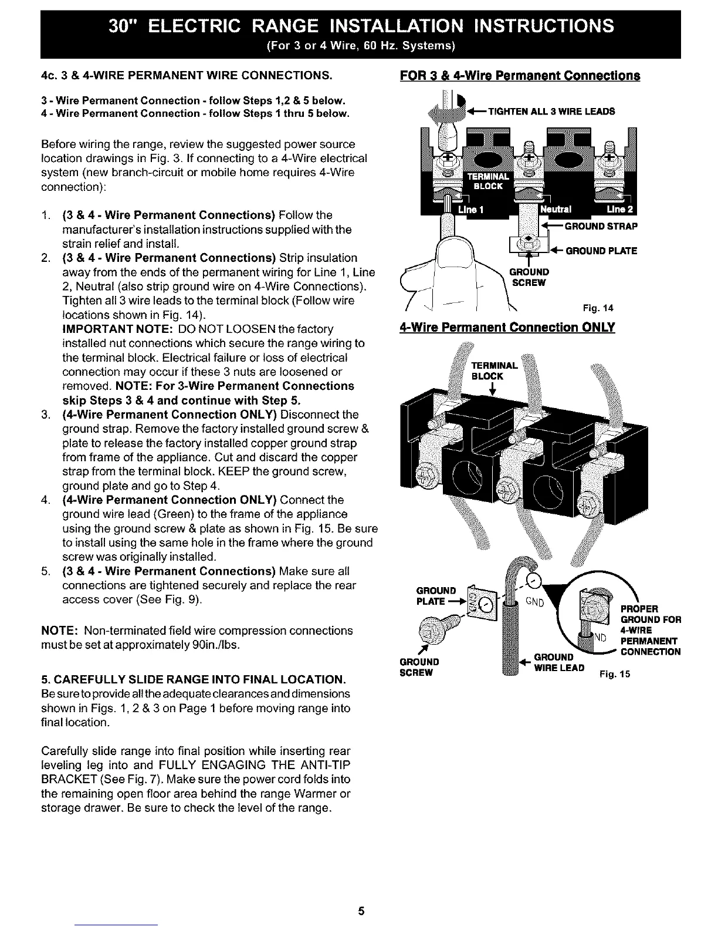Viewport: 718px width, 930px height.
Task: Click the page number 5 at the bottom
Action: [361, 911]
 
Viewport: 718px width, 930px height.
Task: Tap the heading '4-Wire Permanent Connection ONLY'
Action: [507, 326]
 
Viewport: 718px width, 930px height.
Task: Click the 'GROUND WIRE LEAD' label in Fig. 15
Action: [559, 662]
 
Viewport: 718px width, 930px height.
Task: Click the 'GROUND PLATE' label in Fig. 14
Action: [601, 251]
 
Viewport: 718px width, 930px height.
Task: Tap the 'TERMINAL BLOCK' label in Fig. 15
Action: [495, 370]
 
